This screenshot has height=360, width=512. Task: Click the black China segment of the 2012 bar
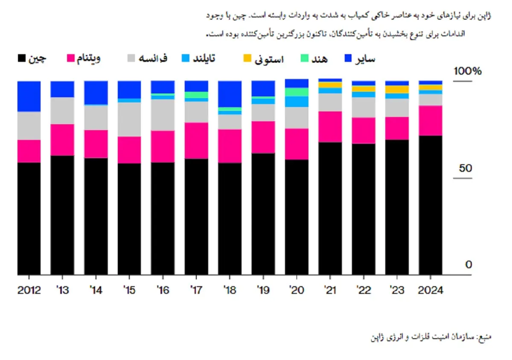pyautogui.click(x=29, y=218)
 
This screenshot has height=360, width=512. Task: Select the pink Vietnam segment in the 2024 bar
pyautogui.click(x=431, y=120)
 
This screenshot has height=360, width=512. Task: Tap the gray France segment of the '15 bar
pyautogui.click(x=129, y=119)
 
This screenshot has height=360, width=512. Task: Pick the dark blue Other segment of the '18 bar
pyautogui.click(x=230, y=94)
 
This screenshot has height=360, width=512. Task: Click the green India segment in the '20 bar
pyautogui.click(x=297, y=92)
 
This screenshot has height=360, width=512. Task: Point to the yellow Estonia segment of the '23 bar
pyautogui.click(x=397, y=89)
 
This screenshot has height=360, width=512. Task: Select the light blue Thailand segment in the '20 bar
pyautogui.click(x=297, y=102)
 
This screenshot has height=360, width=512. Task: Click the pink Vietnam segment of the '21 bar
pyautogui.click(x=330, y=126)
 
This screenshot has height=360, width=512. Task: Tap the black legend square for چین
pyautogui.click(x=21, y=58)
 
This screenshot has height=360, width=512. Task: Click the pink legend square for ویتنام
pyautogui.click(x=71, y=58)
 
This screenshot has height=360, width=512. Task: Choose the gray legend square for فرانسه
pyautogui.click(x=131, y=58)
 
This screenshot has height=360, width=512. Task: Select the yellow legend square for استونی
pyautogui.click(x=248, y=58)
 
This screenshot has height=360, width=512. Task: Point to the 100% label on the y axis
pyautogui.click(x=467, y=71)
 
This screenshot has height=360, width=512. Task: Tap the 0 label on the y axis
pyautogui.click(x=468, y=265)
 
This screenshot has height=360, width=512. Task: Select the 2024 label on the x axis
pyautogui.click(x=431, y=290)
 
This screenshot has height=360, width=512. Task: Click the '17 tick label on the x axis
pyautogui.click(x=196, y=290)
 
